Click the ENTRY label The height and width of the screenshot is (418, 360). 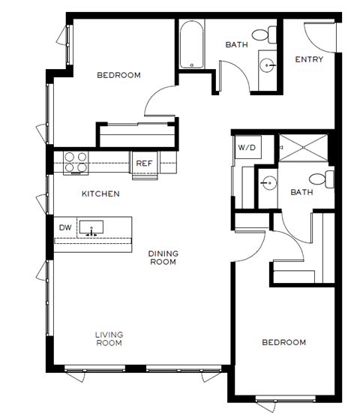coord(308,59)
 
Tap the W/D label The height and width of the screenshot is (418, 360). coord(247,148)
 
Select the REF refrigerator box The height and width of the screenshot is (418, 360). coord(143,163)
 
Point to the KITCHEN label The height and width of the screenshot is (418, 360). coord(100,194)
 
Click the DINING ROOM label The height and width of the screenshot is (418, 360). coord(162,257)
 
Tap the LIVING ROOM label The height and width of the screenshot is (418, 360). coord(109,338)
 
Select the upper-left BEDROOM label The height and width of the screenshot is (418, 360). coord(118,75)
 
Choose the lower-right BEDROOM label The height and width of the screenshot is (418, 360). coord(283,342)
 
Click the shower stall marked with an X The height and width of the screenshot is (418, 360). coord(304,148)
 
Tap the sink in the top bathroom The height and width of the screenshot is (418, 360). coord(267,66)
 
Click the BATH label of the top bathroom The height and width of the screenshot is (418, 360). coord(236,45)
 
